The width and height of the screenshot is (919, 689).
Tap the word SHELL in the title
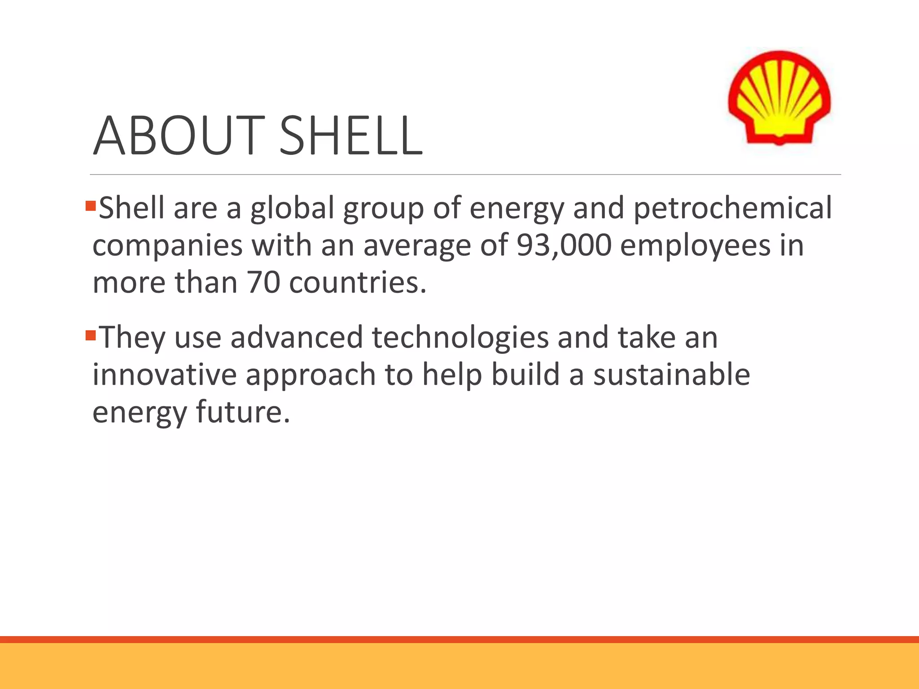351,135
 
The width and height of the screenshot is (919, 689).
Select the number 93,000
564,245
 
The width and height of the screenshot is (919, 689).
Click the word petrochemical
732,208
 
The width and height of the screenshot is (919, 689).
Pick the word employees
695,246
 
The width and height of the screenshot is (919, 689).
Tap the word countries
357,283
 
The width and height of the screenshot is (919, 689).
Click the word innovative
164,375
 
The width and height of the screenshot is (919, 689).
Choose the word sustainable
671,375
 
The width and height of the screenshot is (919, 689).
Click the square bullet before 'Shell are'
91,206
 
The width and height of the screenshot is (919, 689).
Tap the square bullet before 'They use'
91,335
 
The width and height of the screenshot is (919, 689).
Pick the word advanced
297,337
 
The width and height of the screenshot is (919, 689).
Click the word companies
167,246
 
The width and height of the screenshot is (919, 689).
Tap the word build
525,375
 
